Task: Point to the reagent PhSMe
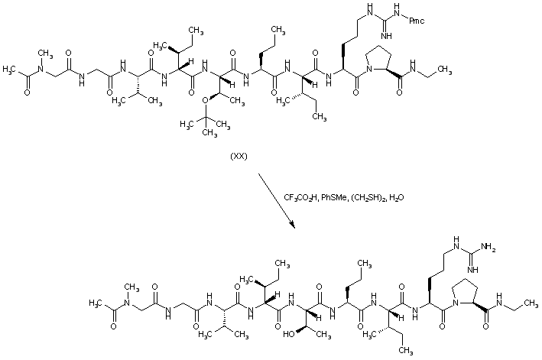pos(339,197)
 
